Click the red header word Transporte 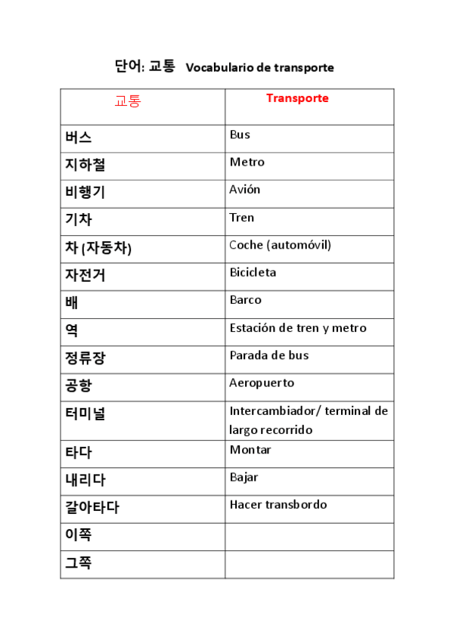tap(297, 98)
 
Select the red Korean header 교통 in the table tap(127, 101)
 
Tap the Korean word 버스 tap(79, 138)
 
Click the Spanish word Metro tap(247, 162)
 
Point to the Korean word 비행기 tap(85, 193)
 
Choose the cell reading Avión tap(244, 190)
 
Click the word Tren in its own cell tap(241, 218)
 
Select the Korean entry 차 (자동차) tap(98, 248)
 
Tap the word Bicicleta tap(253, 272)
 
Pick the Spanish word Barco tap(245, 300)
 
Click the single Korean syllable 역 tap(72, 330)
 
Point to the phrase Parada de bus tap(268, 355)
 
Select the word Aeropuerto tap(262, 383)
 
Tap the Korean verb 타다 tap(79, 453)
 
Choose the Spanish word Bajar tap(244, 477)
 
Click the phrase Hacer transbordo tap(278, 505)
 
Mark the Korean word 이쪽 tap(79, 535)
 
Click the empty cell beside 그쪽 tap(309, 564)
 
